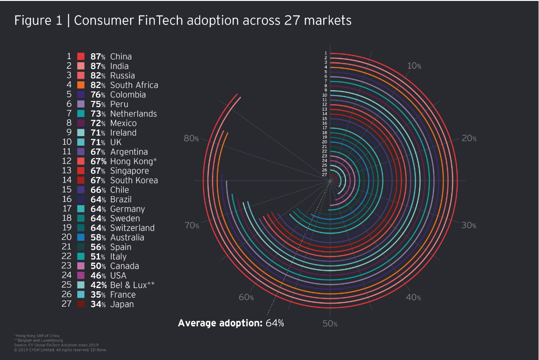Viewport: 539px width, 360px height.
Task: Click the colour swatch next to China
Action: click(81, 56)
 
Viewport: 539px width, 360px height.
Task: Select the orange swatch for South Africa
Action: click(81, 85)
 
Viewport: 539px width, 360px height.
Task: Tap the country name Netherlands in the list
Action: click(133, 114)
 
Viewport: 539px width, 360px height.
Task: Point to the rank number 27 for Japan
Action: click(67, 304)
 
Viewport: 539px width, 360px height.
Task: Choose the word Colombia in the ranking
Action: click(128, 95)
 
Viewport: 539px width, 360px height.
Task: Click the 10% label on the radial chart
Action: click(414, 66)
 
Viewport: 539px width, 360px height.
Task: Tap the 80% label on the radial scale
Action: click(191, 138)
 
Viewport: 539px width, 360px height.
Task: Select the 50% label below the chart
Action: click(330, 324)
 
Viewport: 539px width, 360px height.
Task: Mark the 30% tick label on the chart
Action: click(469, 225)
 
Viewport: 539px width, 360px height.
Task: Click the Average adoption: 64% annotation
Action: click(231, 323)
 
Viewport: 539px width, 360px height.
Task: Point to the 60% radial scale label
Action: click(246, 298)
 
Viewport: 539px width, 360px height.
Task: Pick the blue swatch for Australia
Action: click(81, 238)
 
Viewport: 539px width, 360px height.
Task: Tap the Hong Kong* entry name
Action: click(133, 162)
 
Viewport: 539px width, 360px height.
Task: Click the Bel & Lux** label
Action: click(132, 285)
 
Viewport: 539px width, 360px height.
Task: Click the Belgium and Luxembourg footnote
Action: click(38, 340)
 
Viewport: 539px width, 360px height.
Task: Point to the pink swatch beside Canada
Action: click(81, 266)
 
